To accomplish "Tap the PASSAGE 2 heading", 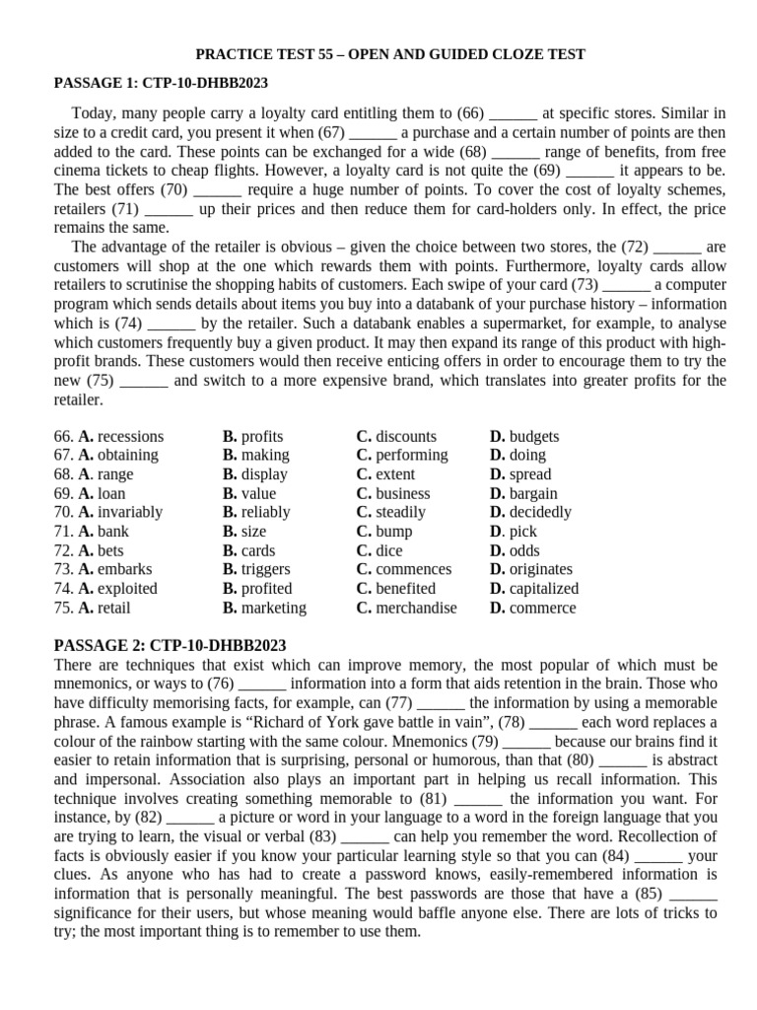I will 169,645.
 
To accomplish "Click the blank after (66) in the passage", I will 514,114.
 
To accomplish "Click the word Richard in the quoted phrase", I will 324,722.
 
